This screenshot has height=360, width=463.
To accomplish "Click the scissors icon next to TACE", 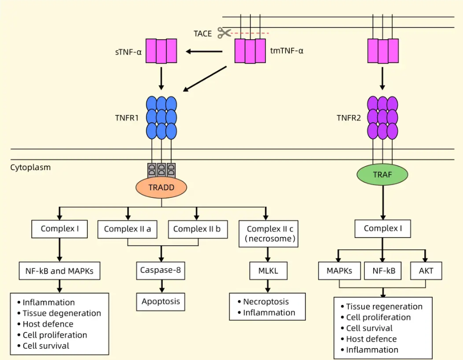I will (x=224, y=33).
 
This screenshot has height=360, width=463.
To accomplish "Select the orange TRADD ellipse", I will (x=161, y=187).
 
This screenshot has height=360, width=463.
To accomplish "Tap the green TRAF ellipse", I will (x=383, y=174).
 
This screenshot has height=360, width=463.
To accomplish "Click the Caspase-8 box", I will (x=161, y=270).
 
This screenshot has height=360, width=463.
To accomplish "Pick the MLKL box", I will (x=268, y=271).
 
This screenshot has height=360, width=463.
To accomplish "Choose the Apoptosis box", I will (x=161, y=301).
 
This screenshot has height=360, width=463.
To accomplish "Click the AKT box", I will (x=426, y=271).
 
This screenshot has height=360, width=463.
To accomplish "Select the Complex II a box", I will (x=128, y=229).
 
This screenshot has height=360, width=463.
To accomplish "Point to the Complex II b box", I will (x=197, y=229).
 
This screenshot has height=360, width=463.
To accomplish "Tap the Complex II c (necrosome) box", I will (x=270, y=234).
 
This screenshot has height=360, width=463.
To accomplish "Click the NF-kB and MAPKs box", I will (x=60, y=271).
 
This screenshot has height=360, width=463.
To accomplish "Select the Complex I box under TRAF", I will (x=383, y=229).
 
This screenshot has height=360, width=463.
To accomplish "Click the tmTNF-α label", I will (x=286, y=51).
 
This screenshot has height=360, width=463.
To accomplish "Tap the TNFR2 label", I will (x=350, y=118).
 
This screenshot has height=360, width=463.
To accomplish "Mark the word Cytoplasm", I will (x=30, y=167).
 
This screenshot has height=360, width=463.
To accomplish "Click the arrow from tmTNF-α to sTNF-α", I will (x=204, y=51).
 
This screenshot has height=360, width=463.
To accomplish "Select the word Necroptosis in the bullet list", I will (x=265, y=301).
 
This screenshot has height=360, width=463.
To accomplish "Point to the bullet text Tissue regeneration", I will (x=384, y=306).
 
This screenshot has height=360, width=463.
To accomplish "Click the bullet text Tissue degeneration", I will (x=62, y=313).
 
